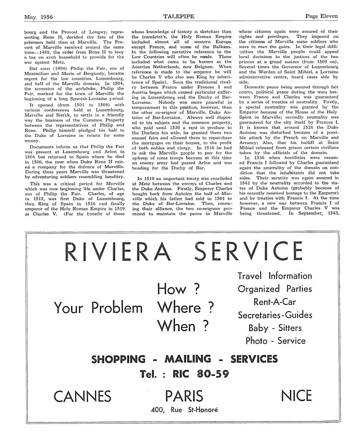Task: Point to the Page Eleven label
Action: (321, 16)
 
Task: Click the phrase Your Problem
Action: (98, 308)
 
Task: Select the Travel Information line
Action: (275, 276)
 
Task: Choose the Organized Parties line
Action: (275, 289)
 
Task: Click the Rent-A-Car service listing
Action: (275, 302)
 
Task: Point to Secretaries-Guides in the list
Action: (275, 315)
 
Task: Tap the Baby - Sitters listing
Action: (275, 328)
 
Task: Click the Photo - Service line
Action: (275, 341)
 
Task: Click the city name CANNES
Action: (83, 396)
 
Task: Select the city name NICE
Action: (296, 396)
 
